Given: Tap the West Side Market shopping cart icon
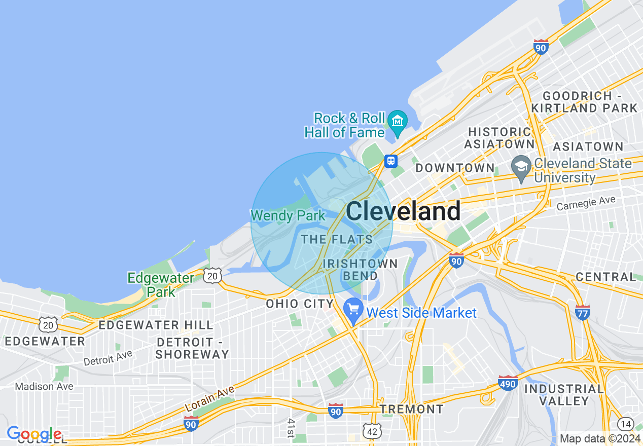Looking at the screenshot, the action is [353, 309].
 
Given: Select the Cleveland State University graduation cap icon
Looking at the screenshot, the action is [521, 167].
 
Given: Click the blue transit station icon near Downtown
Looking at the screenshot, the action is [390, 161].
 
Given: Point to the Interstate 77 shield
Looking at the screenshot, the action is [583, 312].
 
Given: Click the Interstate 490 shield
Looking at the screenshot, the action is [507, 383].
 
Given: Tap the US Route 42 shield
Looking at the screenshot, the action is [372, 431].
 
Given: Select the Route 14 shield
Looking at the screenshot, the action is [626, 424].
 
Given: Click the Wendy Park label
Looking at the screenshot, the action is [288, 216].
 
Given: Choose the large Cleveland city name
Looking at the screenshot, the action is [404, 211].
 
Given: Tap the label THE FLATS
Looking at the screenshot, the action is [337, 239].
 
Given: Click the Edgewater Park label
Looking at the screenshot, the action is [161, 285].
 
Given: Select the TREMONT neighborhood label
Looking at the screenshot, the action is [411, 408].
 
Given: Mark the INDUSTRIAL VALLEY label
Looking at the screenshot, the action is [564, 395].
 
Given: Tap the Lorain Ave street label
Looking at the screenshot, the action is [209, 399].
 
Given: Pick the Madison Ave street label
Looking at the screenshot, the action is [44, 386].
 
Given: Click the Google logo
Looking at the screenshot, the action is [34, 434].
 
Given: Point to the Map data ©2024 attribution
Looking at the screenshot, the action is [600, 439].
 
